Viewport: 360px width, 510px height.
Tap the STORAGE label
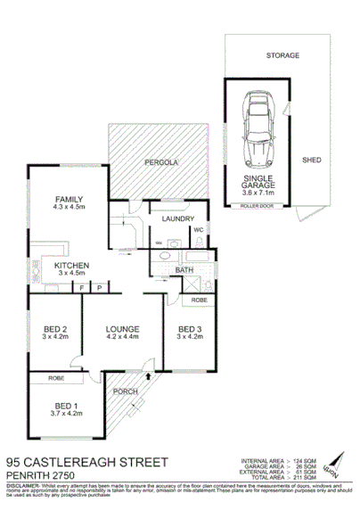[x=283, y=55]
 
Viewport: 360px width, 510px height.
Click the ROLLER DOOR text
[x=257, y=206]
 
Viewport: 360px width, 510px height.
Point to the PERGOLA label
[x=163, y=163]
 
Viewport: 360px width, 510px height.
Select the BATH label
[x=184, y=270]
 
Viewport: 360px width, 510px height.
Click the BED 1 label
[x=66, y=407]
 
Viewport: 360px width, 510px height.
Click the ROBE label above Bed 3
[x=199, y=300]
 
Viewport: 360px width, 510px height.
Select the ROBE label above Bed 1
[x=58, y=379]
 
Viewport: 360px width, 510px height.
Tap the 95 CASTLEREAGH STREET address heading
[x=87, y=462]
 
